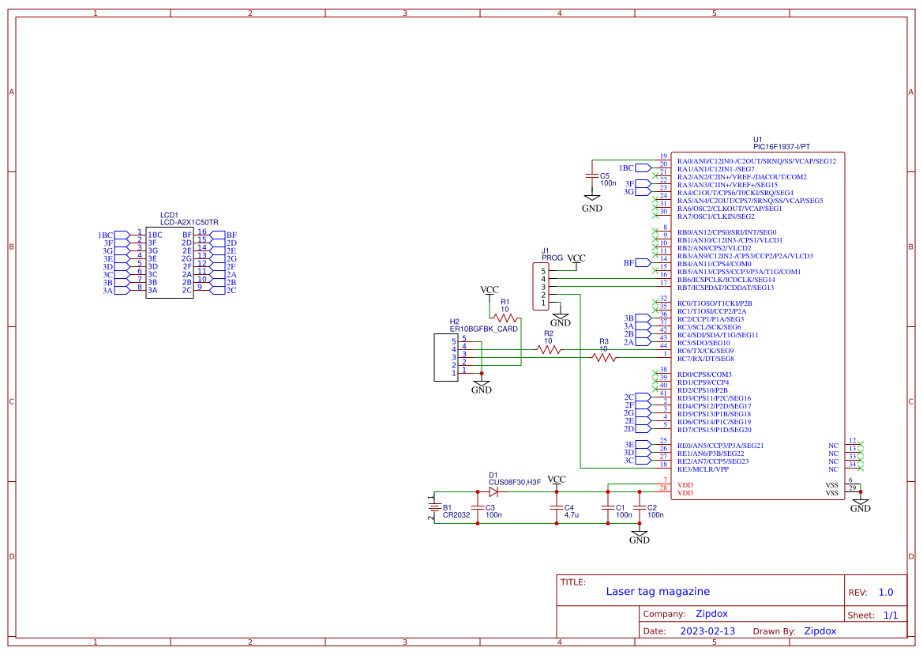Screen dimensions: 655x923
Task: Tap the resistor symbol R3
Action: click(x=604, y=358)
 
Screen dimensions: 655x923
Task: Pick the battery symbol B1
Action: click(x=433, y=507)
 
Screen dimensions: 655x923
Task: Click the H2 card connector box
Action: click(x=446, y=357)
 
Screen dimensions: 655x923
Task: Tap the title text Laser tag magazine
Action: click(x=658, y=592)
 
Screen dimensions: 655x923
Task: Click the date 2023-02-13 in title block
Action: click(x=707, y=631)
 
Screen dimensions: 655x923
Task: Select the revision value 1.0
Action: click(x=885, y=593)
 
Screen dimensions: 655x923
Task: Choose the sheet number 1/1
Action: click(x=890, y=615)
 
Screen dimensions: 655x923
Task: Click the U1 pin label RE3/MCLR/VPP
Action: click(x=705, y=469)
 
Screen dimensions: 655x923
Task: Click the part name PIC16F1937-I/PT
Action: click(x=782, y=147)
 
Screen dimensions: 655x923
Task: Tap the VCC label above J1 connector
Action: click(x=576, y=258)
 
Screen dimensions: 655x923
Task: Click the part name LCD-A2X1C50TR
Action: click(x=189, y=223)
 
